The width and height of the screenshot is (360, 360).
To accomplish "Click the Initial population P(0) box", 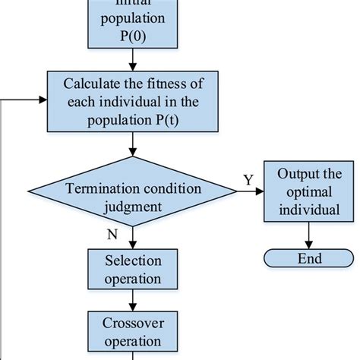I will pyautogui.click(x=133, y=23).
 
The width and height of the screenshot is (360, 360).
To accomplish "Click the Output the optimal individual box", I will pyautogui.click(x=308, y=193).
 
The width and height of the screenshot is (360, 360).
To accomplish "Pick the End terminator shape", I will pyautogui.click(x=308, y=259).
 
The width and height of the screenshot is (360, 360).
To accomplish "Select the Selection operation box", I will pyautogui.click(x=133, y=270).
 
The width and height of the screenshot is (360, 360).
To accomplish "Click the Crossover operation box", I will pyautogui.click(x=133, y=331).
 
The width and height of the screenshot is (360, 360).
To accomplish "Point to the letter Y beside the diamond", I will pyautogui.click(x=248, y=180).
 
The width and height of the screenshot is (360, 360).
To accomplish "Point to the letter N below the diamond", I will pyautogui.click(x=112, y=235).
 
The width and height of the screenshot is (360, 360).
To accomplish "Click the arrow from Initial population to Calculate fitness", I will pyautogui.click(x=133, y=59).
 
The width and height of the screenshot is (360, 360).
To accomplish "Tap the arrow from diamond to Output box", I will pyautogui.click(x=248, y=193).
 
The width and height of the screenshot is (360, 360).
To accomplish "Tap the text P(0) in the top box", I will pyautogui.click(x=133, y=37).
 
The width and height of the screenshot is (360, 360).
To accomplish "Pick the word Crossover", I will pyautogui.click(x=133, y=324).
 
